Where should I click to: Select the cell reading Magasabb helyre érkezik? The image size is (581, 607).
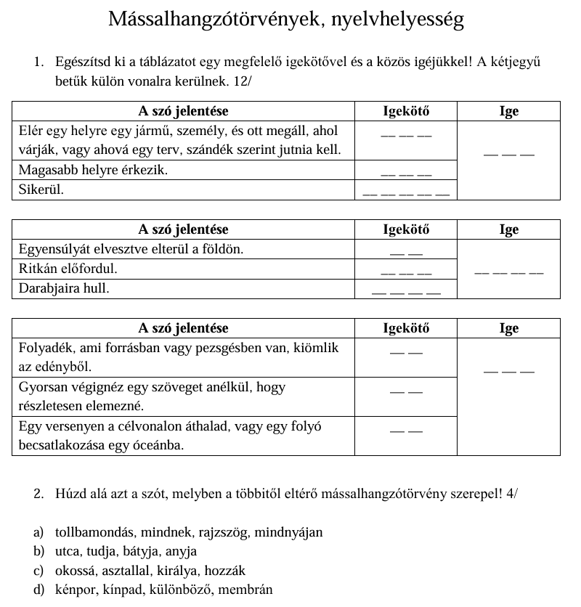pyautogui.click(x=93, y=171)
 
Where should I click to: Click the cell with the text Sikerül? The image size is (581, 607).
pyautogui.click(x=41, y=190)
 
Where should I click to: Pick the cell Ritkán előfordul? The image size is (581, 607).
pyautogui.click(x=68, y=269)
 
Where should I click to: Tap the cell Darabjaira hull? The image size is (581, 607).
pyautogui.click(x=64, y=288)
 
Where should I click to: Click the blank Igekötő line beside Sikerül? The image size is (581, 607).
pyautogui.click(x=406, y=193)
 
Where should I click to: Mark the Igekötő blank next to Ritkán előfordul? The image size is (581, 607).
pyautogui.click(x=406, y=272)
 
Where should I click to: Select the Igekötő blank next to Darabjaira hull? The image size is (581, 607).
pyautogui.click(x=406, y=292)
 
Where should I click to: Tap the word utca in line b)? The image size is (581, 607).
pyautogui.click(x=68, y=551)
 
